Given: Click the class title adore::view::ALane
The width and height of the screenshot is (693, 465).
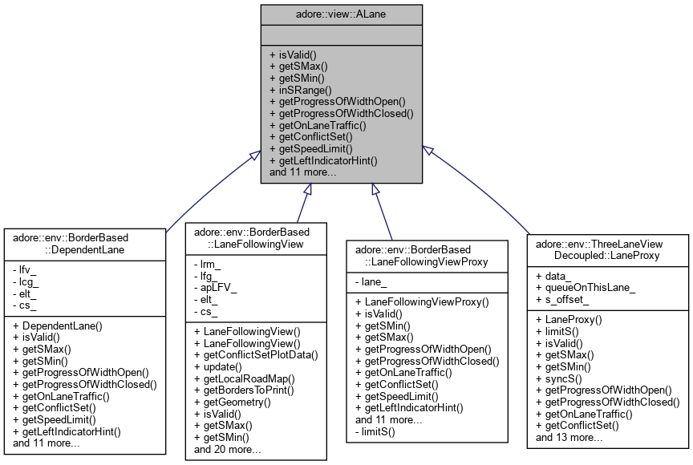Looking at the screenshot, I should [342, 14].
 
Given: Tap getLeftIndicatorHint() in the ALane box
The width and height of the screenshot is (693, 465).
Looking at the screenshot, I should [328, 160].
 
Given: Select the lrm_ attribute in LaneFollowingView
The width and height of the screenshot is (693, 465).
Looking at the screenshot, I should [208, 264].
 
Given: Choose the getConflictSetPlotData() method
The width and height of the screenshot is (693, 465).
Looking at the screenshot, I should [261, 354].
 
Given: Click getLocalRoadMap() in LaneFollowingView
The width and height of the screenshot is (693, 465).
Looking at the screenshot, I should [245, 378].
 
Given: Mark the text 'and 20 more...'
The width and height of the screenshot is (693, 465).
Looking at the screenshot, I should [228, 449].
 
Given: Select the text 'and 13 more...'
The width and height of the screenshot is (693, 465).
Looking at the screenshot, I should [569, 437].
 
